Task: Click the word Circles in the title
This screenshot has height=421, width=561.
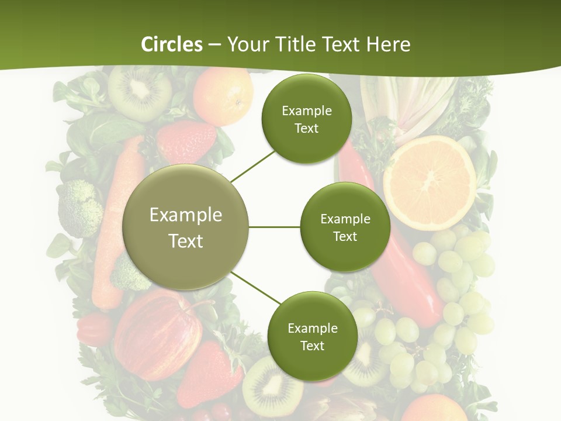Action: [172, 44]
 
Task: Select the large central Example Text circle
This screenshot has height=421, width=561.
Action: [186, 227]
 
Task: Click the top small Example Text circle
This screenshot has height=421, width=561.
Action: [306, 119]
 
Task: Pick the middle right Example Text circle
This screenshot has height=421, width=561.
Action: [345, 227]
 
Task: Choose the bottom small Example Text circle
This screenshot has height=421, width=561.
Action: [312, 336]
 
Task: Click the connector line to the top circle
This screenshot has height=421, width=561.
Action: [252, 167]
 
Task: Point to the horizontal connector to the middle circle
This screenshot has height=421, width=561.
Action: [275, 227]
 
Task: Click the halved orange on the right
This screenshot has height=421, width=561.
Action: [430, 182]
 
